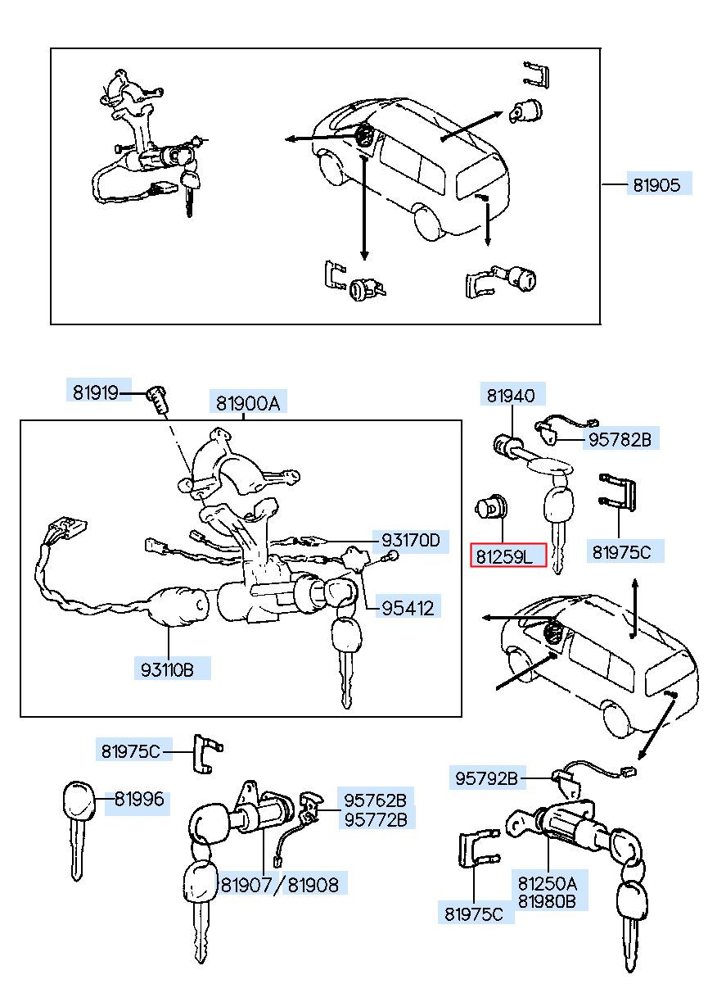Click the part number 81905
point(656,185)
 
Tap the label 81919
point(95,392)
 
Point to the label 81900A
point(248,403)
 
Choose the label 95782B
point(620,439)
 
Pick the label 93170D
point(411,540)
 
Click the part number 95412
point(408,609)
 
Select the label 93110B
point(167,669)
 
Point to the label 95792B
point(486,778)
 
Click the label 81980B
point(547,901)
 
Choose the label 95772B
point(376,820)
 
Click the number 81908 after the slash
point(313,886)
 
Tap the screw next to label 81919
point(158,398)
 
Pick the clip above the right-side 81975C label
point(618,493)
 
